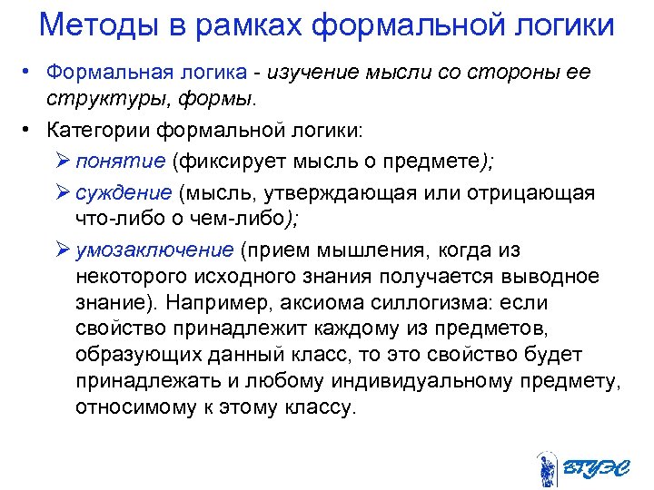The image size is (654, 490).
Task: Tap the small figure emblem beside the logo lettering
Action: point(546,466)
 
